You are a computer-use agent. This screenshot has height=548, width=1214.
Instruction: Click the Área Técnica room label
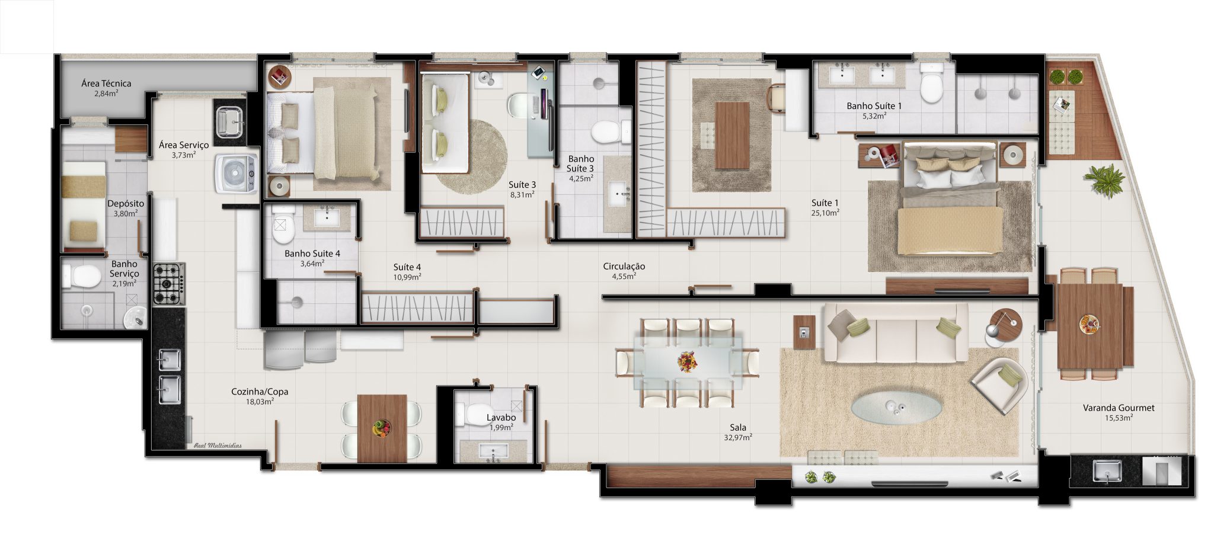coord(106,84)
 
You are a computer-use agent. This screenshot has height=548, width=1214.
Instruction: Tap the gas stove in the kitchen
coord(169,284)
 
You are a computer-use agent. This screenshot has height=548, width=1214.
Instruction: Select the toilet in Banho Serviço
coord(81,276)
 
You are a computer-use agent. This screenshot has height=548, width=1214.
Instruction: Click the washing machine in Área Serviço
coord(237,173)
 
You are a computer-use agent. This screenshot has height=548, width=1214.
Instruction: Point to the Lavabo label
coord(501,418)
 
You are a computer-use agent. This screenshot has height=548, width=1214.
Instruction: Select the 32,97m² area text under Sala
coord(738,438)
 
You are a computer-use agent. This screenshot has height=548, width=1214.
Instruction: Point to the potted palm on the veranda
coord(1104,180)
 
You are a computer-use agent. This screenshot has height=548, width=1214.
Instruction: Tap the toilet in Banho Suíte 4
coord(283,225)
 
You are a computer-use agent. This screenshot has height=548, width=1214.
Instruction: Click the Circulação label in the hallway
coord(624,267)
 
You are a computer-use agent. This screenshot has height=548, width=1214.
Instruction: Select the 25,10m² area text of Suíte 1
coord(825,213)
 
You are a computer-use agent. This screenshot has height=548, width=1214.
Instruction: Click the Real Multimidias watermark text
coord(218,446)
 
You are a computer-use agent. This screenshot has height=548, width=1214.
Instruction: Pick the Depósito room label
coord(126,204)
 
